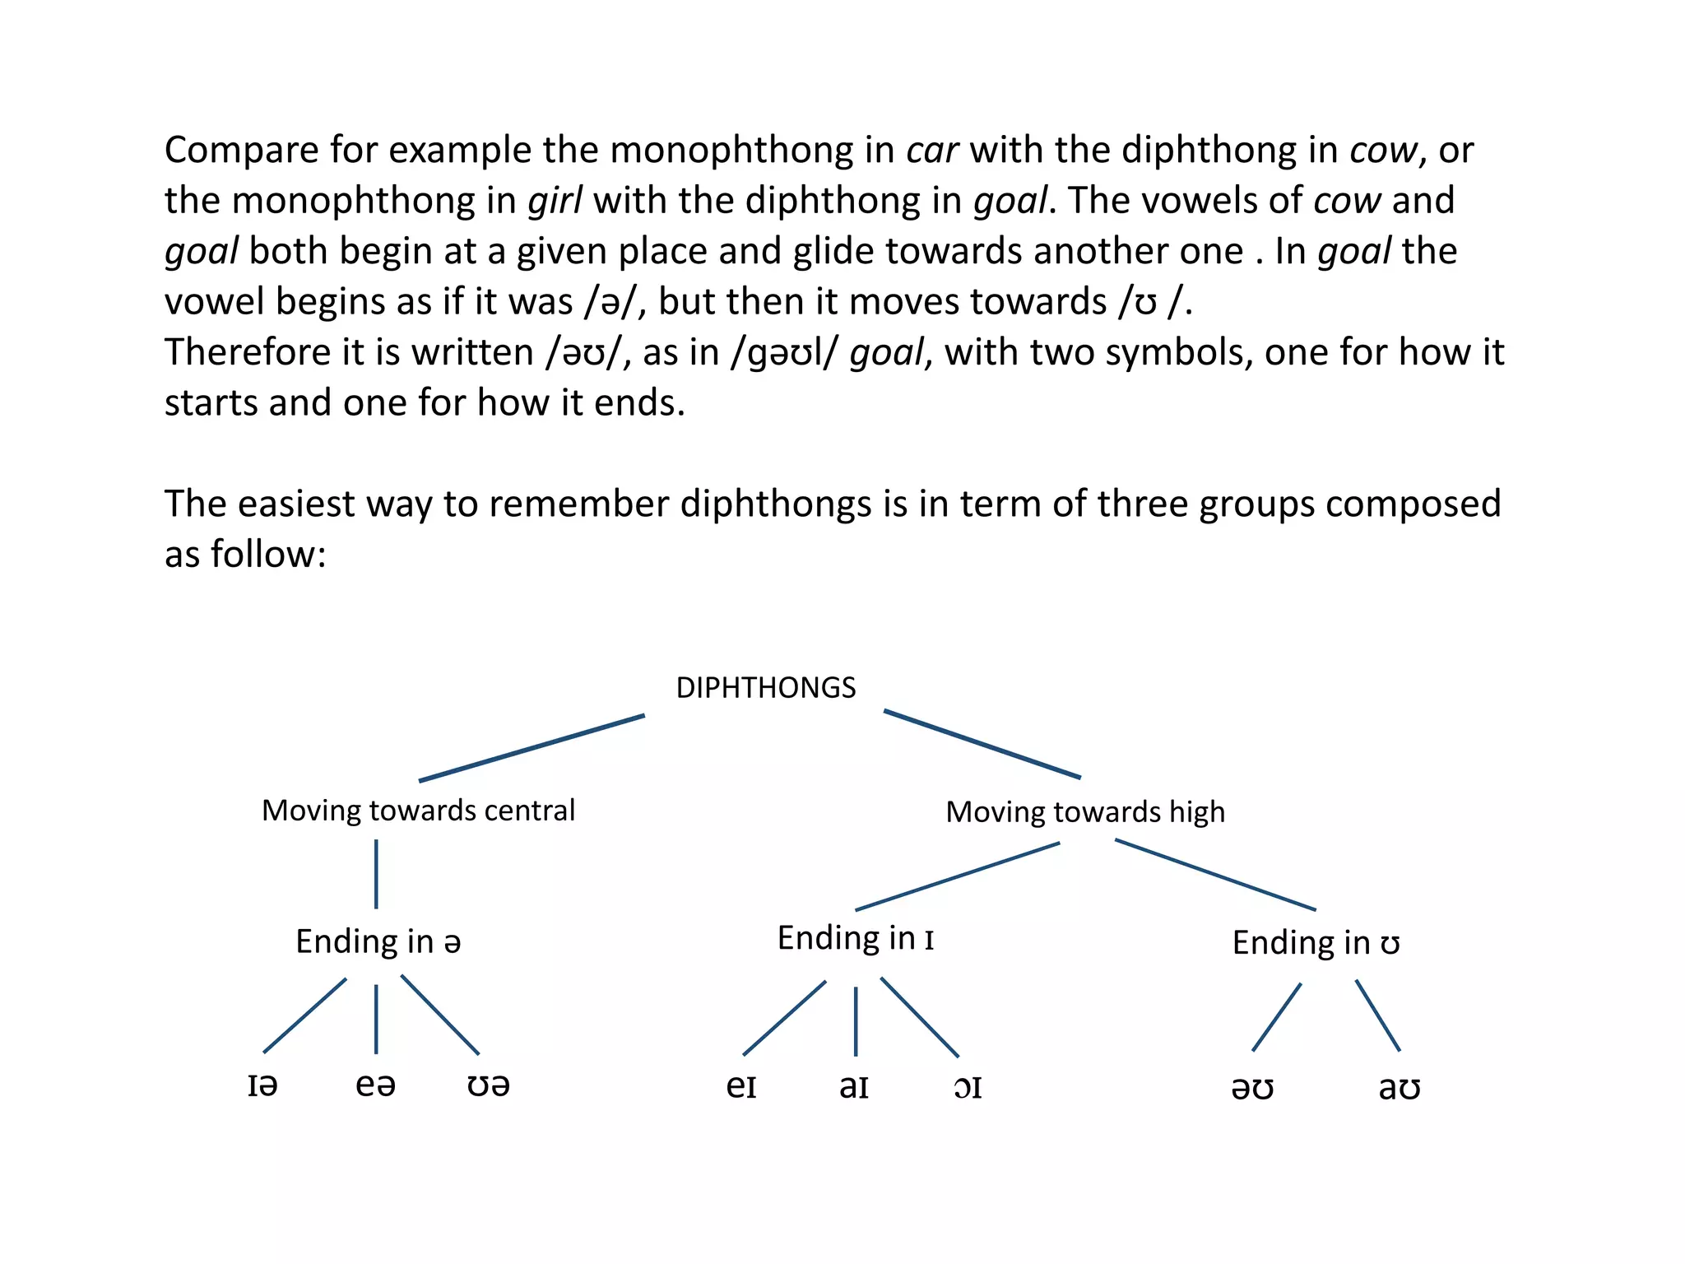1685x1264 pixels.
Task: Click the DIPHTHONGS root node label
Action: (x=766, y=688)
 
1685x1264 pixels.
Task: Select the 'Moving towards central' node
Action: (x=418, y=811)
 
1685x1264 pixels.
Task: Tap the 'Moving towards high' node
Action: (x=1085, y=812)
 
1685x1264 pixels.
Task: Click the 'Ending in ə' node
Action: (x=378, y=941)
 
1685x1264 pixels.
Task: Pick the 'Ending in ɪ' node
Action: (x=856, y=938)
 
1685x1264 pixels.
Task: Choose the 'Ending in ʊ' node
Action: (x=1316, y=943)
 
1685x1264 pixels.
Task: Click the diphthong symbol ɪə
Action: (x=262, y=1085)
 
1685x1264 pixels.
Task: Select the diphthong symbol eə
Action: (x=375, y=1085)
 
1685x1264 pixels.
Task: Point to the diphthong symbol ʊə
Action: (x=488, y=1085)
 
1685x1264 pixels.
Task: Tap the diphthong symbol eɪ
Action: (x=741, y=1086)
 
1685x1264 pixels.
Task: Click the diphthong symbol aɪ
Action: (x=854, y=1086)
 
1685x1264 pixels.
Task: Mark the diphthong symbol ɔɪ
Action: (x=968, y=1087)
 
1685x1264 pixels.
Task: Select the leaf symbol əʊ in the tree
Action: (x=1252, y=1088)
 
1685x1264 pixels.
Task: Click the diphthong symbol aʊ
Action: (x=1400, y=1088)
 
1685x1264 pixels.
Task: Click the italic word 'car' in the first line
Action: (x=932, y=151)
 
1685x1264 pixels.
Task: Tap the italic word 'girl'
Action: (x=555, y=201)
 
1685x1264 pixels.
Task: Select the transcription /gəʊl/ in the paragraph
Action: (x=785, y=353)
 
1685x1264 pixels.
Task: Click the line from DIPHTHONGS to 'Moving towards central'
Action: (x=531, y=748)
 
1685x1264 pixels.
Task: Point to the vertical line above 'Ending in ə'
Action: (x=376, y=874)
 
